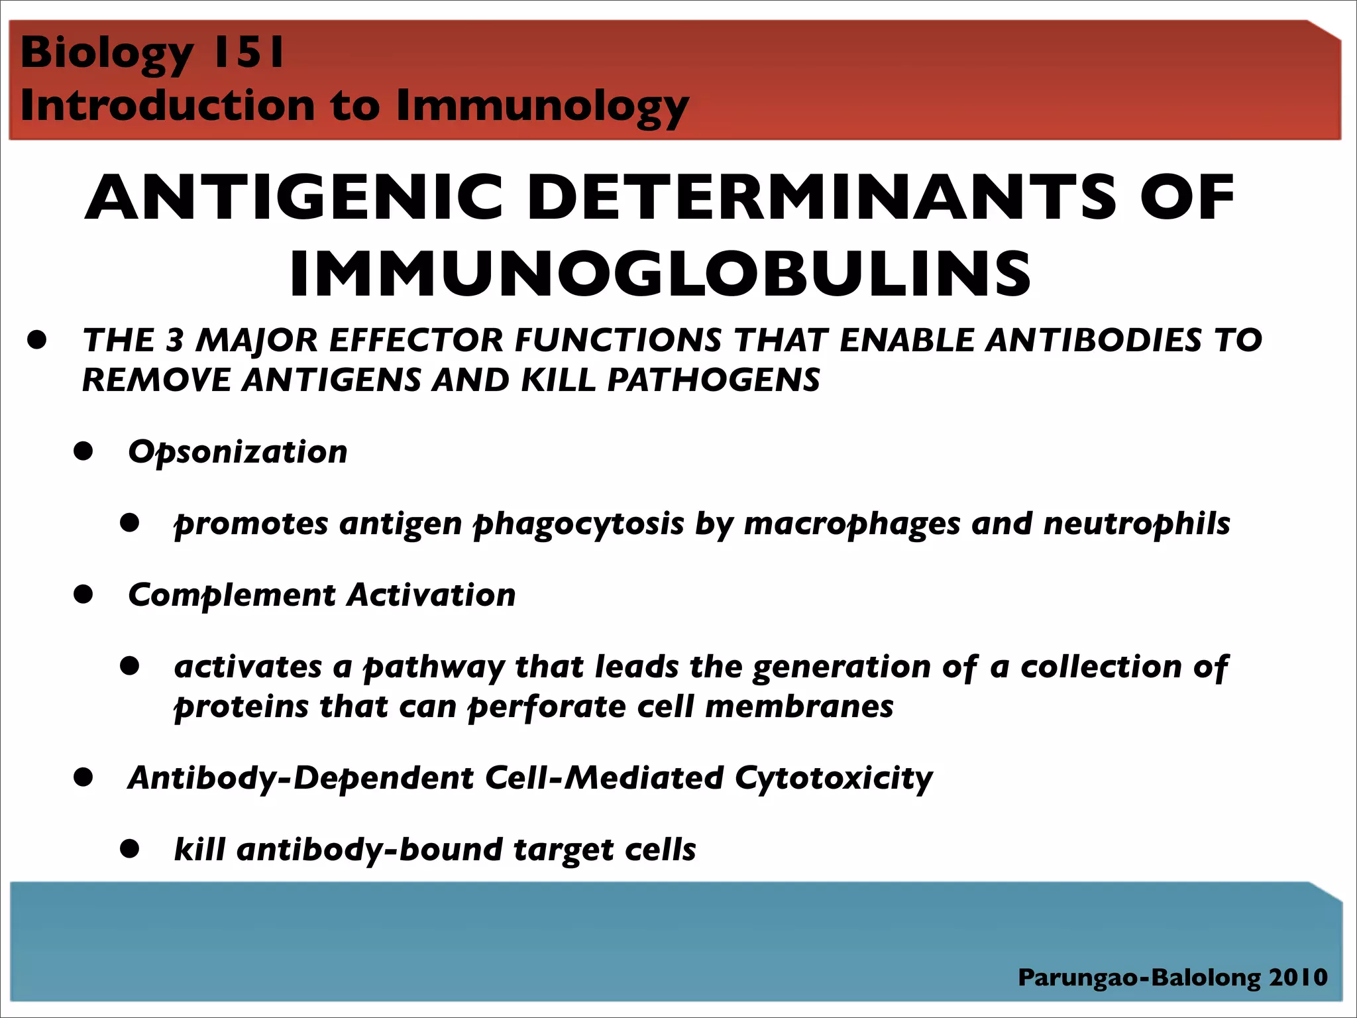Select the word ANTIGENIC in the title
pos(294,198)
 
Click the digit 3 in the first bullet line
pos(174,340)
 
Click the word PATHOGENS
pos(713,380)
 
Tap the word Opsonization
pos(237,453)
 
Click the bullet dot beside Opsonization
pos(83,451)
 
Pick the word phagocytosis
pos(578,524)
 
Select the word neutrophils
pos(1136,524)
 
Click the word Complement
pos(232,595)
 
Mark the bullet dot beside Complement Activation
pos(83,594)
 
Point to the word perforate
pos(547,707)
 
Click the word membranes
pos(798,707)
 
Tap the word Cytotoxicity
pos(833,778)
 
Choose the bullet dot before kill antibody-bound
pos(130,849)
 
